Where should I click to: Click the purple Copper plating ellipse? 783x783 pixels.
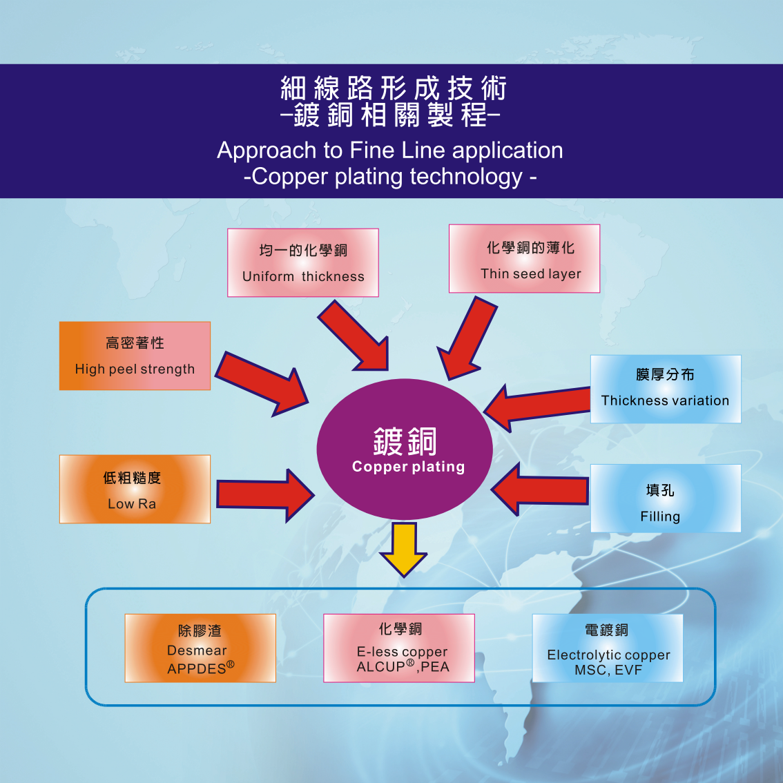coord(404,449)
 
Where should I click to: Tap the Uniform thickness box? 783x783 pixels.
coord(303,263)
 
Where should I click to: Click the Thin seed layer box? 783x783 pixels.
coord(524,259)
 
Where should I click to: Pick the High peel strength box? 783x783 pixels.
coord(135,356)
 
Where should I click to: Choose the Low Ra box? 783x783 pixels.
coord(135,489)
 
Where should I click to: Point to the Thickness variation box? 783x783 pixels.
coord(665,389)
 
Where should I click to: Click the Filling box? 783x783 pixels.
coord(665,498)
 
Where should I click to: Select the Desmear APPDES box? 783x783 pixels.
coord(200,648)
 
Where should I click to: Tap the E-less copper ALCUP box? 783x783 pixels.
coord(399,648)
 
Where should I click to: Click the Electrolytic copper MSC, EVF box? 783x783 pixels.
coord(608,648)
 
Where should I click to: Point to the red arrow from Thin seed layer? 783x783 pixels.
coord(467,338)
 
